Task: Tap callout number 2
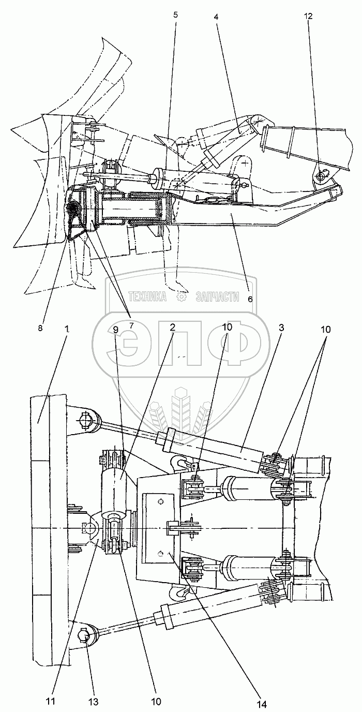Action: coord(171,328)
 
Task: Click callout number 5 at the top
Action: coord(175,14)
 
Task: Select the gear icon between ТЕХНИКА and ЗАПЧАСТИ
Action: coord(182,297)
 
